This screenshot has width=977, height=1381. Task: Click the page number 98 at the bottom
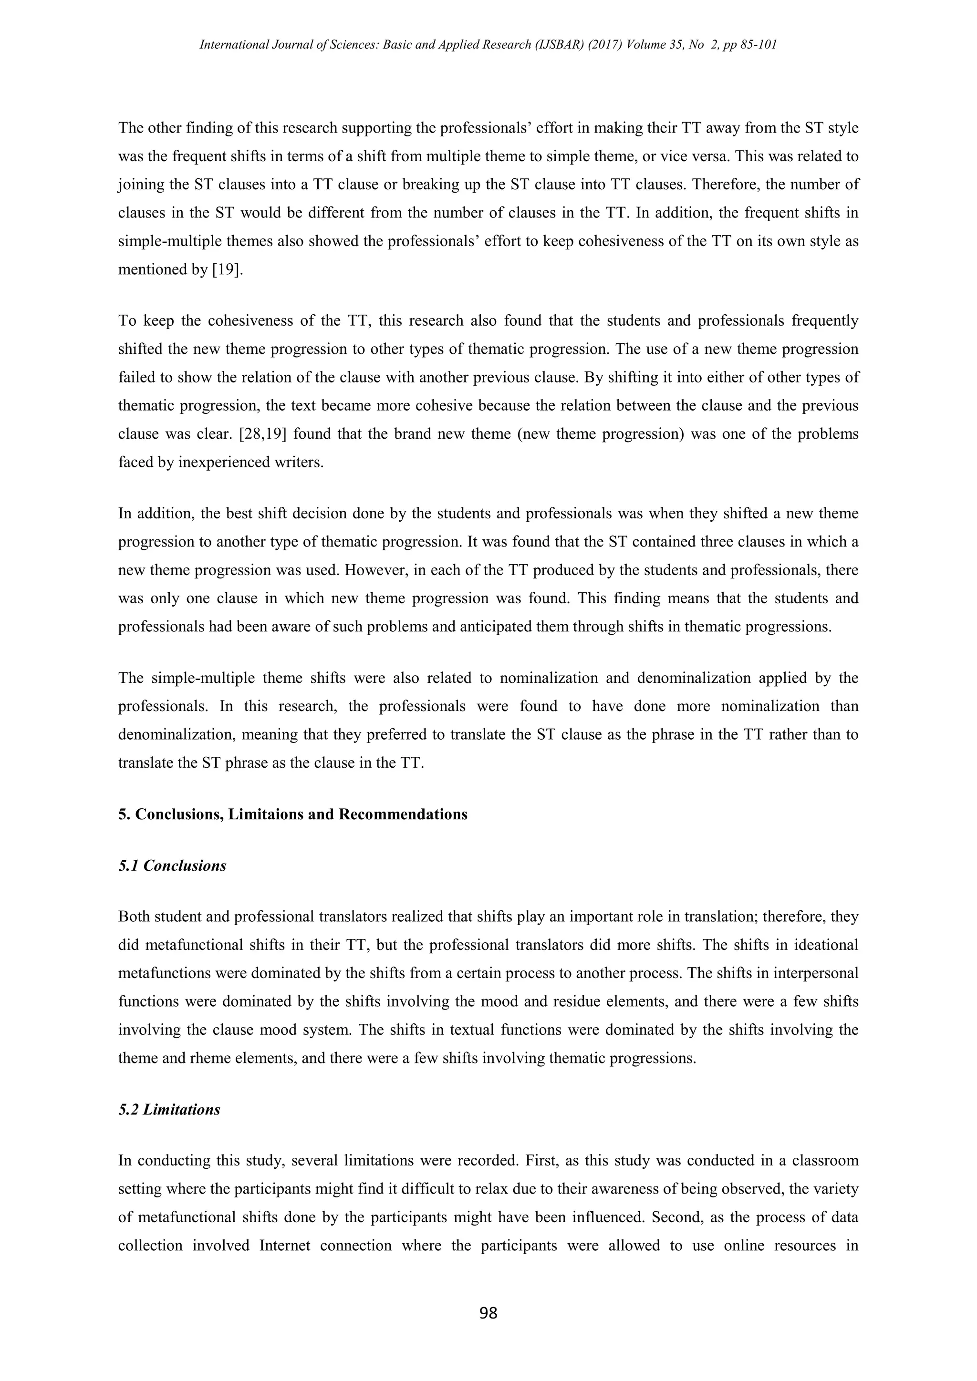(x=488, y=1313)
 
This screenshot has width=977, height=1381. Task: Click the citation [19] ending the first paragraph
(x=228, y=269)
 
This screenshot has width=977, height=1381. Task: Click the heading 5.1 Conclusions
(x=172, y=866)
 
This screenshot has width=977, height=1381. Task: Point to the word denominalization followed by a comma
(x=171, y=734)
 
